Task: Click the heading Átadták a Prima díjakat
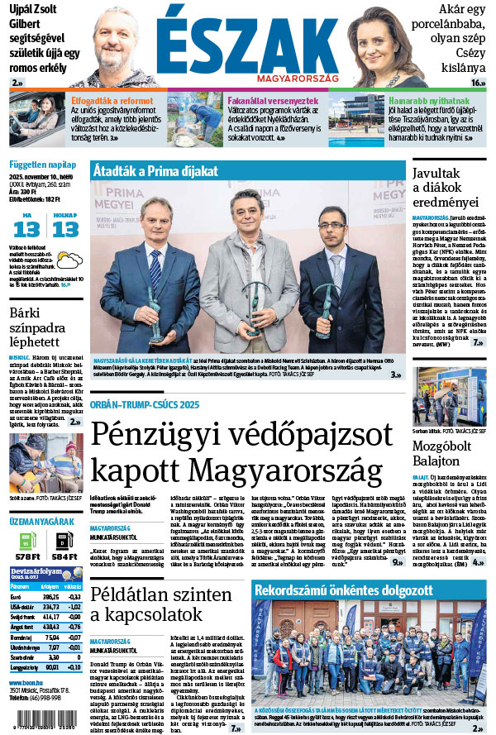[155, 171]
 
